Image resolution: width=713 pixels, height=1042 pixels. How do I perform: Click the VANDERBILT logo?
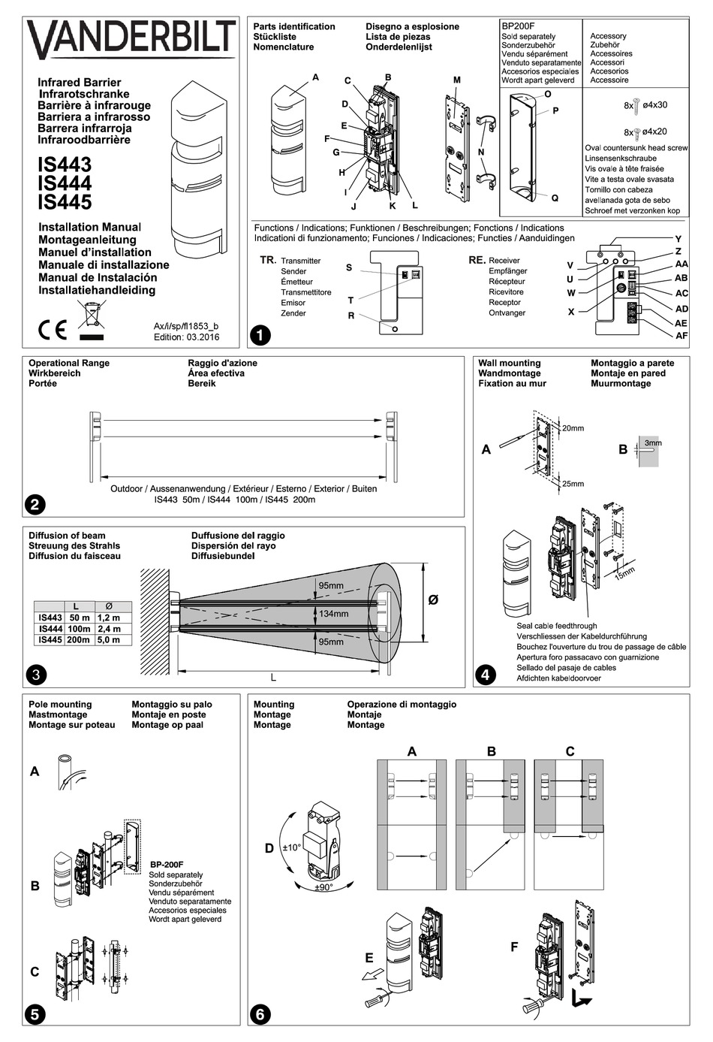click(x=131, y=39)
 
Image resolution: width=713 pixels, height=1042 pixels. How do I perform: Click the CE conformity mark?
click(x=53, y=329)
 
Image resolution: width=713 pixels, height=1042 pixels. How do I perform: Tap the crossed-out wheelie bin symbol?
click(x=92, y=316)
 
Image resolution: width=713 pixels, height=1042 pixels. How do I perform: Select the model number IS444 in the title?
click(x=65, y=183)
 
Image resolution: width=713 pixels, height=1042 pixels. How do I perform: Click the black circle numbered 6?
click(x=260, y=1013)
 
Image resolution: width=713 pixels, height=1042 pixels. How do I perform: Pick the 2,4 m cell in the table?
click(x=110, y=629)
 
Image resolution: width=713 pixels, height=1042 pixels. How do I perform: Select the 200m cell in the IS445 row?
click(x=78, y=640)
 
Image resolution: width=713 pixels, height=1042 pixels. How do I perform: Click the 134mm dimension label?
click(x=333, y=614)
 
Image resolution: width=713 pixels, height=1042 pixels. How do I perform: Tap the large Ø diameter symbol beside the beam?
click(x=433, y=600)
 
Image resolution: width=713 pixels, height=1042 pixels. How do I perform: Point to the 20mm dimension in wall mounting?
click(x=573, y=428)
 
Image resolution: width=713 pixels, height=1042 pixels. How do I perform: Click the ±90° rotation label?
click(x=323, y=886)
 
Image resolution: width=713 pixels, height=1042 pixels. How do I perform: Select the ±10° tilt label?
click(x=291, y=847)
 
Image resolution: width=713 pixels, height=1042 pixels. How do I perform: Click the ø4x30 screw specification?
click(x=654, y=105)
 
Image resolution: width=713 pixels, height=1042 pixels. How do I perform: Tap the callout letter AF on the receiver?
click(x=681, y=335)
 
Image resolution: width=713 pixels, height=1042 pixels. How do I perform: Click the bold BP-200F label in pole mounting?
click(x=167, y=865)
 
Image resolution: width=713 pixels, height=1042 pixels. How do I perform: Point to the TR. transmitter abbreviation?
click(x=268, y=260)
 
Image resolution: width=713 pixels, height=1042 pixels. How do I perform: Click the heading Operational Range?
click(x=69, y=363)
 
